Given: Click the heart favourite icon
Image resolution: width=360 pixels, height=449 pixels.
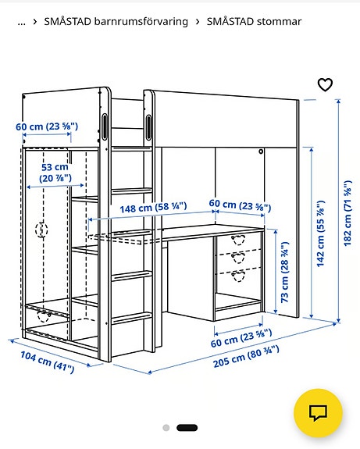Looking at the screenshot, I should tap(325, 85).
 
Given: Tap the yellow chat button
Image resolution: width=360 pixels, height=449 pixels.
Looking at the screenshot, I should tap(318, 412).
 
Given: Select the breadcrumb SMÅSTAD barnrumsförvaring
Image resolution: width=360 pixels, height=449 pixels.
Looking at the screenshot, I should tap(116, 21).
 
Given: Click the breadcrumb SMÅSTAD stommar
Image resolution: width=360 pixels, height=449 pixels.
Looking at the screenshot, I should tap(254, 21).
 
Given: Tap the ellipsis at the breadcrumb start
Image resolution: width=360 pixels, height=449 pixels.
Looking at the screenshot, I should tap(21, 21).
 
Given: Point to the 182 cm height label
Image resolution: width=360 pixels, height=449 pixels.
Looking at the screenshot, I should tap(348, 214).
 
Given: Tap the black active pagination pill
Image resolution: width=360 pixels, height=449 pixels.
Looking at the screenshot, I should tap(187, 428).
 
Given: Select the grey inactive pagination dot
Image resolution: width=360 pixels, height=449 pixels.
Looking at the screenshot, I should tap(166, 428).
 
